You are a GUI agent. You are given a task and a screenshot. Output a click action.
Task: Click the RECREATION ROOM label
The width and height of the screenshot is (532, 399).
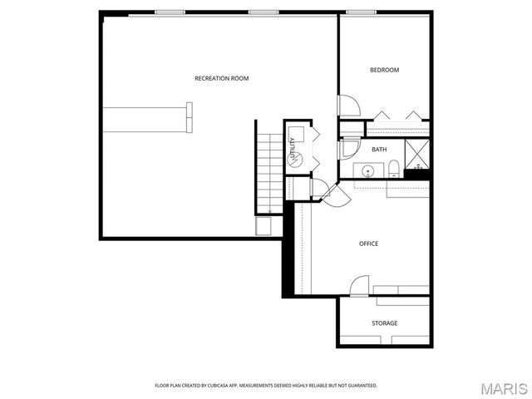pyautogui.click(x=221, y=78)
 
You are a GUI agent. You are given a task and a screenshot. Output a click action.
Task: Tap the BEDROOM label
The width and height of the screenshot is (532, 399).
pyautogui.click(x=384, y=70)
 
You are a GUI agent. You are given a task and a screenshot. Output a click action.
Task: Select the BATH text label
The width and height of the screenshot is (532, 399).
pyautogui.click(x=379, y=150)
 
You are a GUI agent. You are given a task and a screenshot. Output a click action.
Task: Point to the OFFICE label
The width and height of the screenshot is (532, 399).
pyautogui.click(x=368, y=244)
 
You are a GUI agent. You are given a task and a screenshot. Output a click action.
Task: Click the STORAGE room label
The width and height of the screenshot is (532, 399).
pyautogui.click(x=384, y=323)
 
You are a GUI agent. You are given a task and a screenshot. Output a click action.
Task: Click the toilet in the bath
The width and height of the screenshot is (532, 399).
pyautogui.click(x=392, y=170)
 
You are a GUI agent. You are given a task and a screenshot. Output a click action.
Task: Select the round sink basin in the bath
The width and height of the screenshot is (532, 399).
pyautogui.click(x=367, y=170)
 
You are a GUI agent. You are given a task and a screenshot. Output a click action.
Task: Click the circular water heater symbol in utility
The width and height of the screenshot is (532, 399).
pyautogui.click(x=293, y=159)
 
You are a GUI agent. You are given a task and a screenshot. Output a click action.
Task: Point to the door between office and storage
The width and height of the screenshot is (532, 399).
pyautogui.click(x=359, y=285)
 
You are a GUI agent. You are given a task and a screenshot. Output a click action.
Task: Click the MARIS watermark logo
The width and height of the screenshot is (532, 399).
pyautogui.click(x=503, y=388)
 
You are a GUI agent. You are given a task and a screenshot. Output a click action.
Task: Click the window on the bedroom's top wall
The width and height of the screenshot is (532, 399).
pyautogui.click(x=360, y=12)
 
